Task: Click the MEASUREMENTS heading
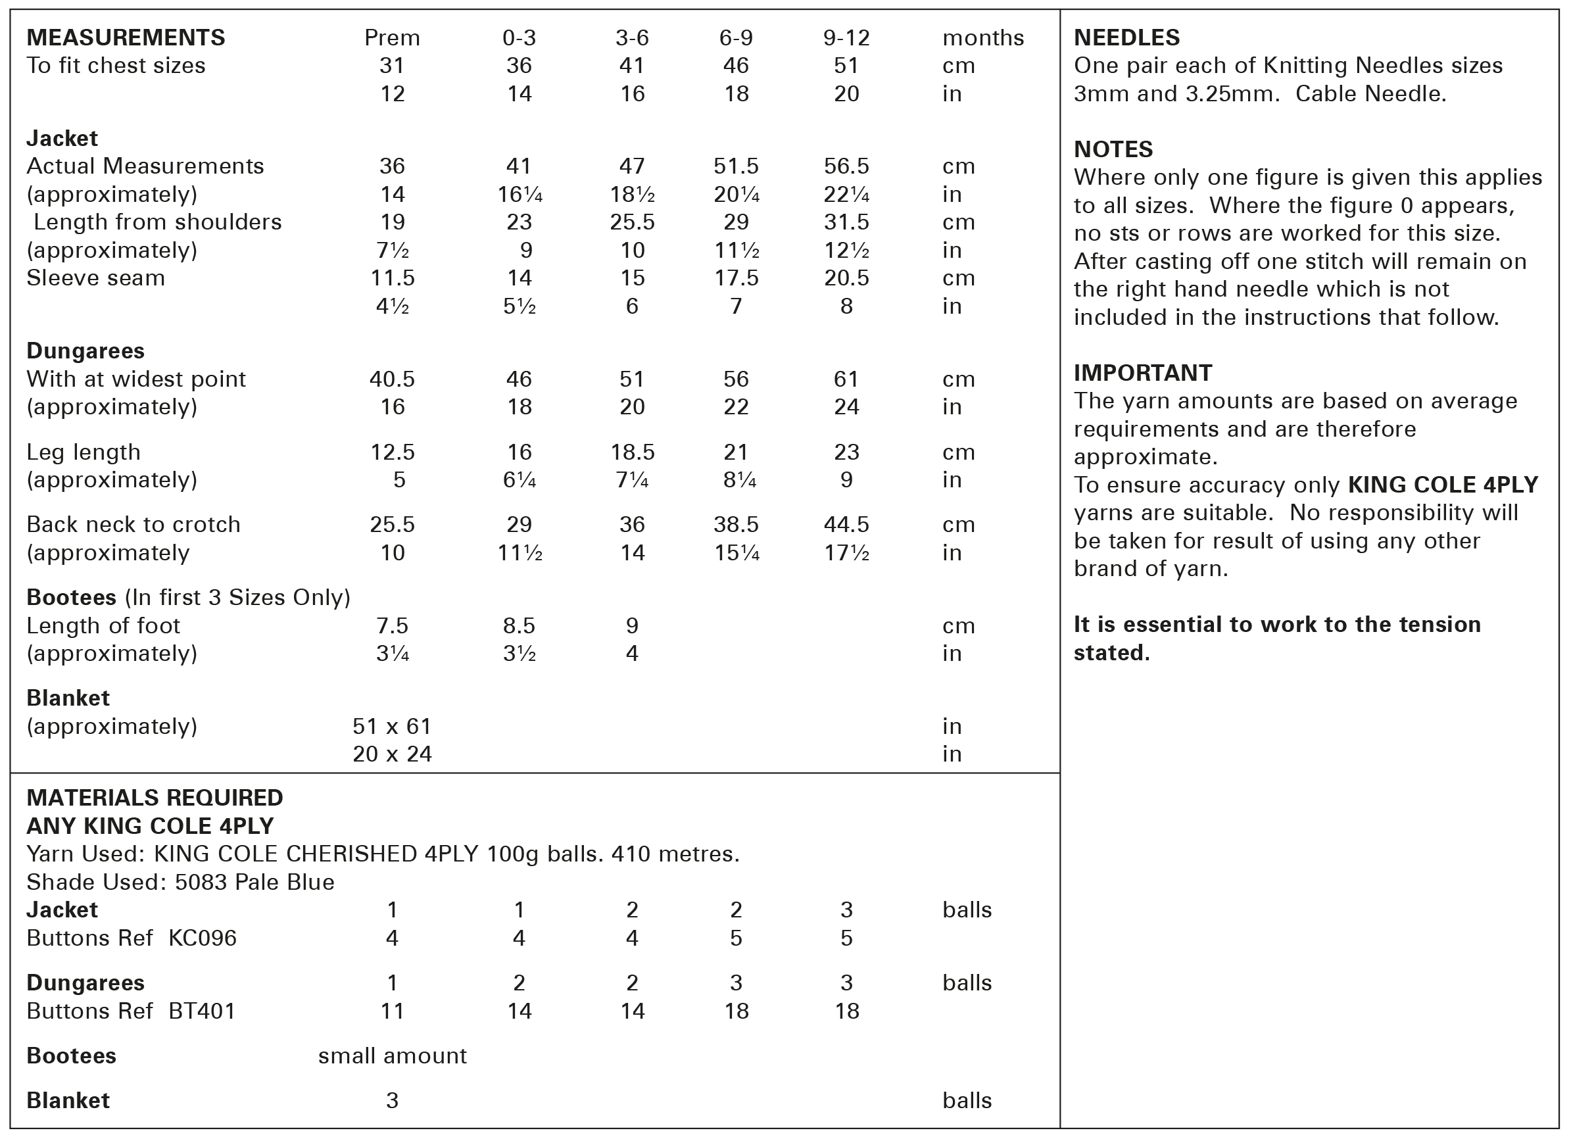click(126, 37)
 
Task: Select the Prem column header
click(392, 37)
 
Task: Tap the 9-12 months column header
click(846, 37)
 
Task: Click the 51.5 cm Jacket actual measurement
click(736, 166)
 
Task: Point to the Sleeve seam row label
click(95, 278)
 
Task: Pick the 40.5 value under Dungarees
click(392, 379)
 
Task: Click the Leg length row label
click(83, 452)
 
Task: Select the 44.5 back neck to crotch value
click(846, 524)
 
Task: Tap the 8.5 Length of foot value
click(519, 625)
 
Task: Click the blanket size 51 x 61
click(392, 726)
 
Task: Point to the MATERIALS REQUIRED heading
click(155, 798)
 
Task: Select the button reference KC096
click(203, 938)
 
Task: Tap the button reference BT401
click(202, 1011)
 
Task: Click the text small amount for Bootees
click(392, 1056)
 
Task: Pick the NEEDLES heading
click(1126, 37)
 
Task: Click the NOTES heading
click(1113, 150)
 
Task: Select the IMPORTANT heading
click(1142, 373)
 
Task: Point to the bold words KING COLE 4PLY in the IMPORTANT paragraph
click(1443, 485)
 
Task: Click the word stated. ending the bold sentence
click(1111, 652)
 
